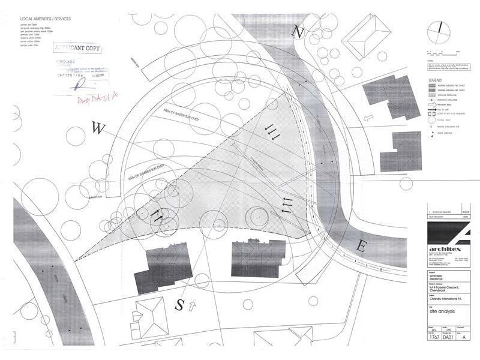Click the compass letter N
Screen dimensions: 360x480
pyautogui.click(x=297, y=31)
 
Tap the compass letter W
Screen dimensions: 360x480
pyautogui.click(x=97, y=127)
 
